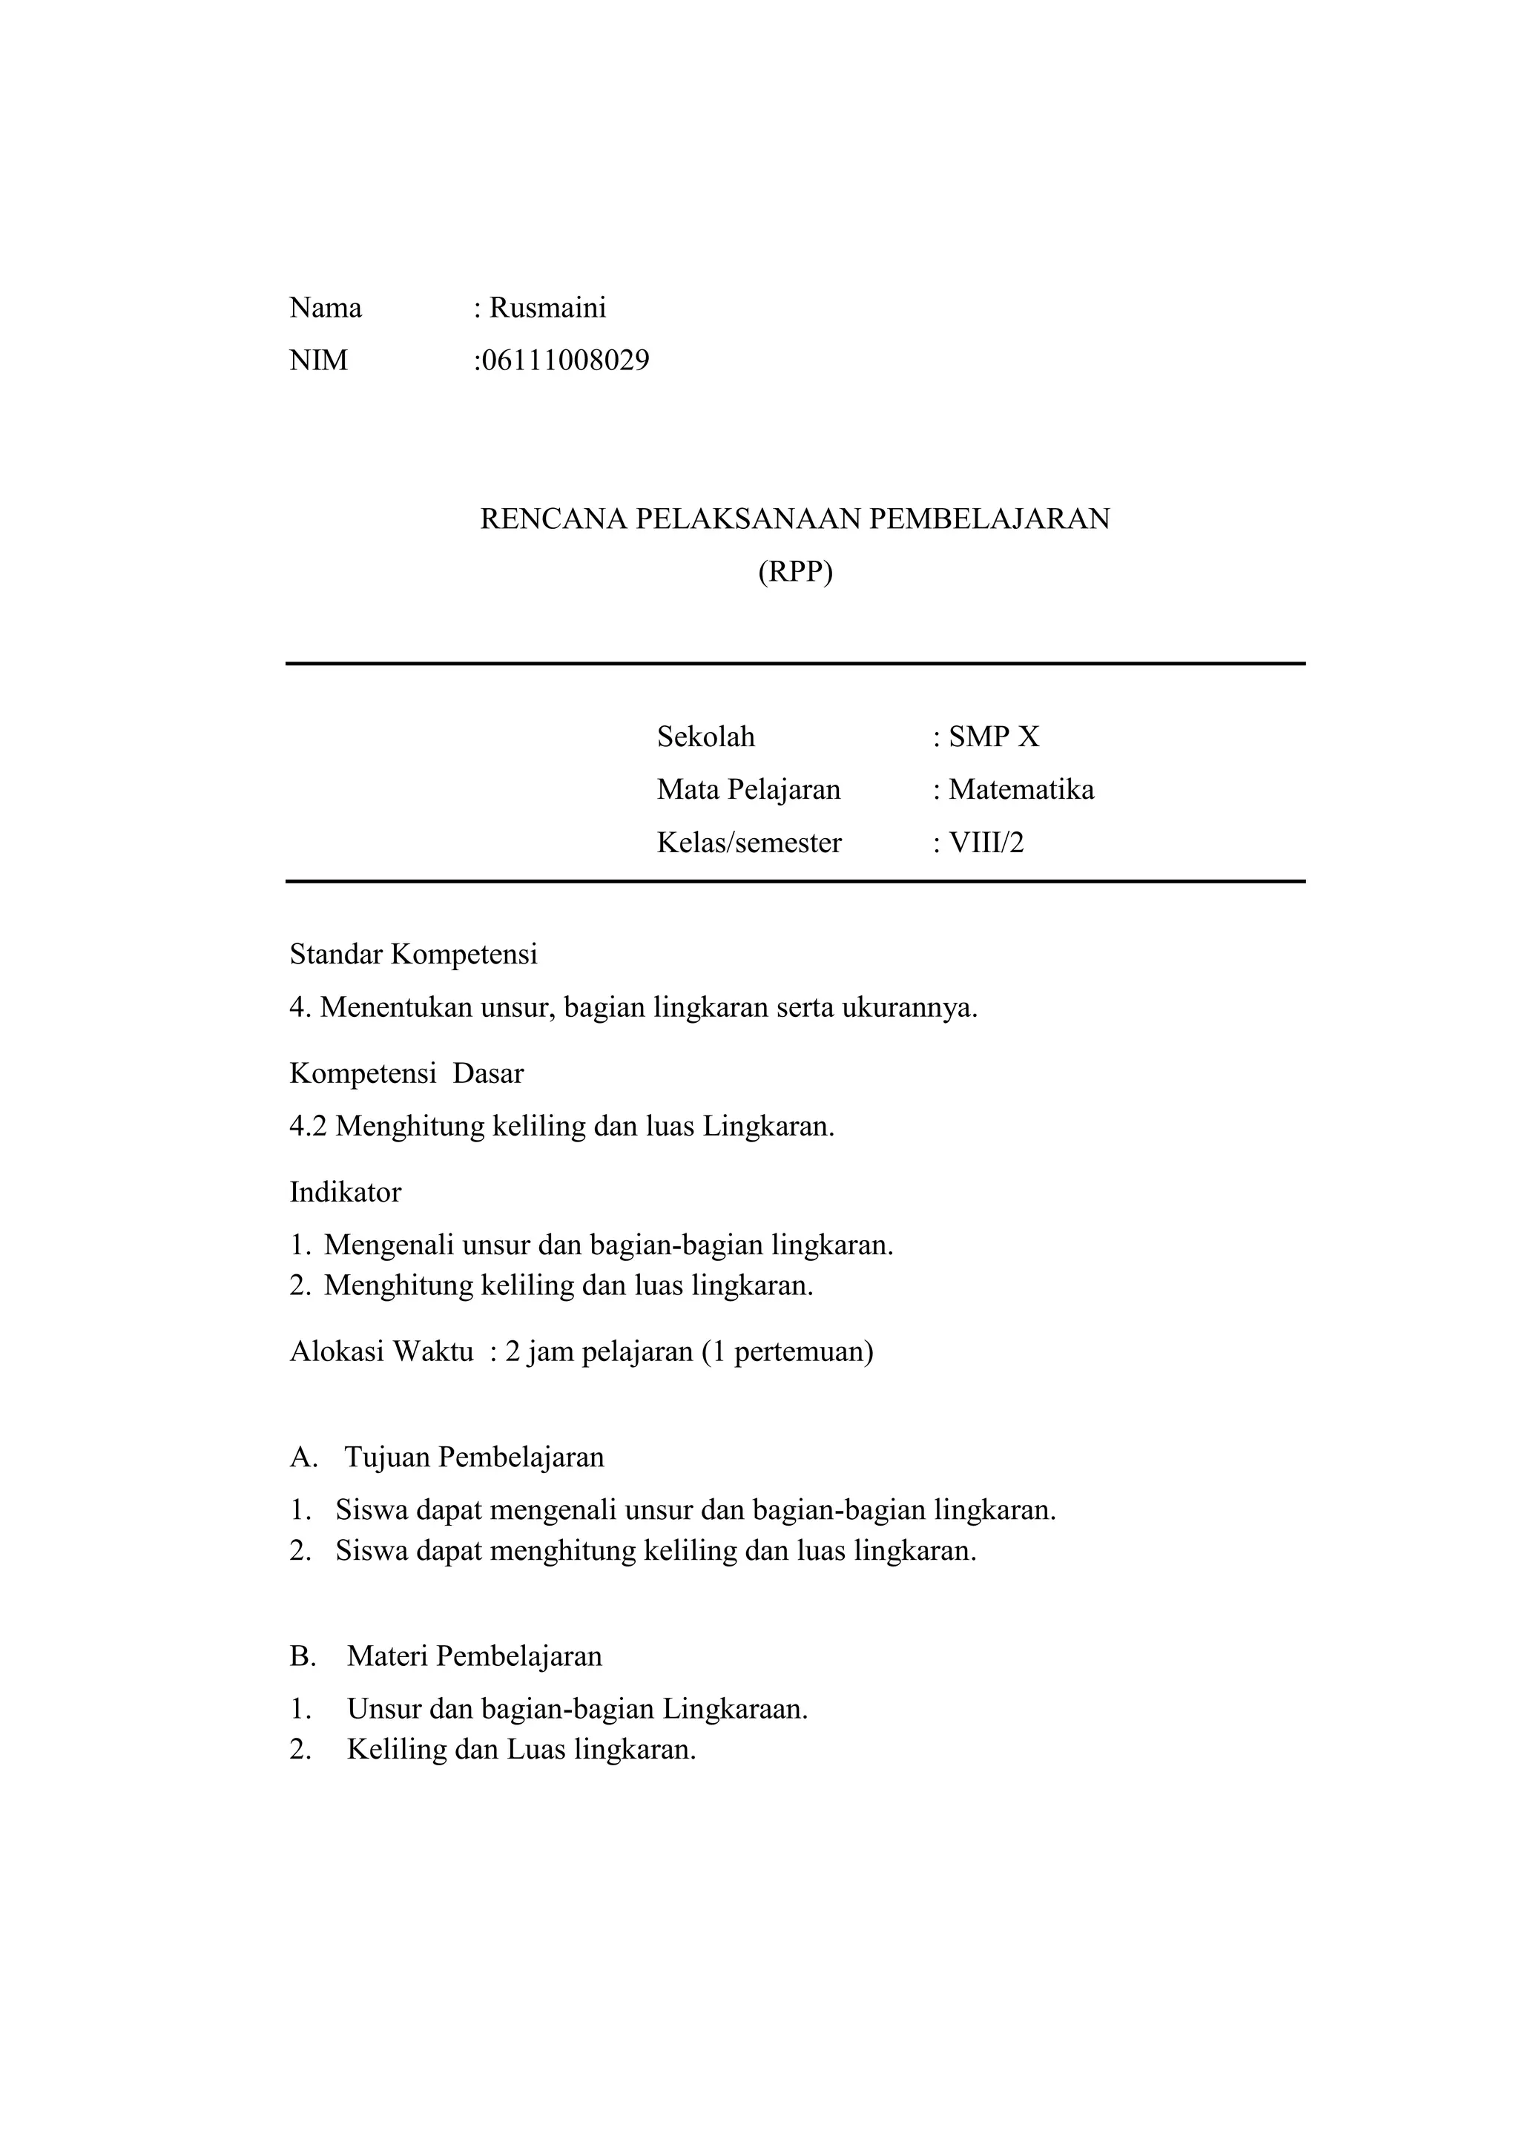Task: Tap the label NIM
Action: click(318, 360)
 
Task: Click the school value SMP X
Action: click(993, 737)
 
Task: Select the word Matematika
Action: click(1021, 790)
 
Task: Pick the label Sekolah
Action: click(705, 737)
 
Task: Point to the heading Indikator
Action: click(345, 1192)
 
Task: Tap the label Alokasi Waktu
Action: click(382, 1352)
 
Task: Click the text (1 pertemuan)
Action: click(787, 1352)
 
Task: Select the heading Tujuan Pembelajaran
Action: click(474, 1457)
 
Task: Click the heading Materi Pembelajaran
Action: click(474, 1656)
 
